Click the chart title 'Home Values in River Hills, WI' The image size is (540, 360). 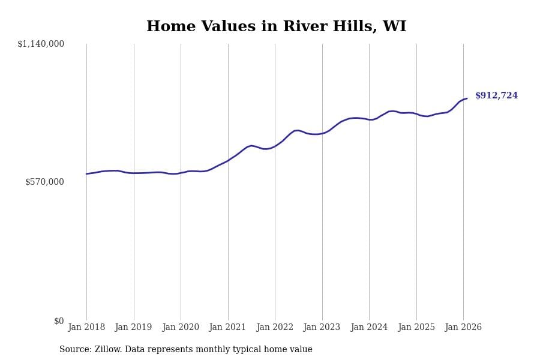click(276, 27)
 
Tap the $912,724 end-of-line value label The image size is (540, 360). click(496, 96)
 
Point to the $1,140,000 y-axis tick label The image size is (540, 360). click(41, 44)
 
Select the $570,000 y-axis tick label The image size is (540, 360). click(44, 182)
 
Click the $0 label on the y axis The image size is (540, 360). click(59, 321)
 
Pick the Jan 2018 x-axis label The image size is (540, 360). click(86, 328)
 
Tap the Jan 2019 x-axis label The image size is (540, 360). click(134, 328)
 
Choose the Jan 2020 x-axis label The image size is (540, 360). click(181, 328)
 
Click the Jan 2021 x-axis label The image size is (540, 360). click(228, 328)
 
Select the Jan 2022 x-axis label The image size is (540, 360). click(275, 328)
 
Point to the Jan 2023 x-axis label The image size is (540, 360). click(322, 328)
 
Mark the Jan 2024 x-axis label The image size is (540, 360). click(369, 328)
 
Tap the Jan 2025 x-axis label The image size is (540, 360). click(416, 328)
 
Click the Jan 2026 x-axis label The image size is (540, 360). click(463, 328)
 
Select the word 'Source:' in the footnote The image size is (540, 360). click(76, 350)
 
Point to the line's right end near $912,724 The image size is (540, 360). click(467, 98)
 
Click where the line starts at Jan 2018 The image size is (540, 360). click(86, 174)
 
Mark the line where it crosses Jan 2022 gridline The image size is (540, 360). click(275, 146)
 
